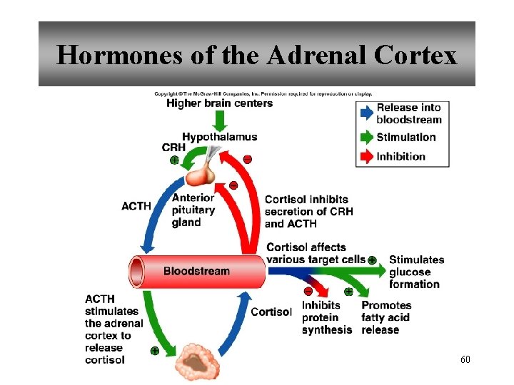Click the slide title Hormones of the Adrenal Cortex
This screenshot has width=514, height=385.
coord(256,55)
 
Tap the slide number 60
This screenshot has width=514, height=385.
coord(465,359)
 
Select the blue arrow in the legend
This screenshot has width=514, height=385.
coord(365,113)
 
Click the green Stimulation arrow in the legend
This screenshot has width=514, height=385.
coord(365,137)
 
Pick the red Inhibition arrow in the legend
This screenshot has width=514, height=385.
coord(365,156)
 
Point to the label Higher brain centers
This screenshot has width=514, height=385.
coord(219,103)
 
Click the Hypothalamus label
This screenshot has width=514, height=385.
coord(219,137)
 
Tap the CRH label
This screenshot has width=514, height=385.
coord(173,148)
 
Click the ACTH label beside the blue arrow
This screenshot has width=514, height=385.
coord(136,206)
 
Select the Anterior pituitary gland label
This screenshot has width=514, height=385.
coord(193,210)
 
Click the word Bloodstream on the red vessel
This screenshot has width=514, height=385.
coord(196,271)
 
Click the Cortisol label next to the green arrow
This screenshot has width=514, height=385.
coord(271,312)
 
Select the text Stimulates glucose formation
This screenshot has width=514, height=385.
coord(416,272)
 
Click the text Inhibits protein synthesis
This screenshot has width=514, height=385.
coord(326,317)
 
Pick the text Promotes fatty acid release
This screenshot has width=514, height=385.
coord(385,317)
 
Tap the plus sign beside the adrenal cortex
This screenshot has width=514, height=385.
coord(154,351)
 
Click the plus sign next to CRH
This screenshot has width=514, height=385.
coord(174,160)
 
